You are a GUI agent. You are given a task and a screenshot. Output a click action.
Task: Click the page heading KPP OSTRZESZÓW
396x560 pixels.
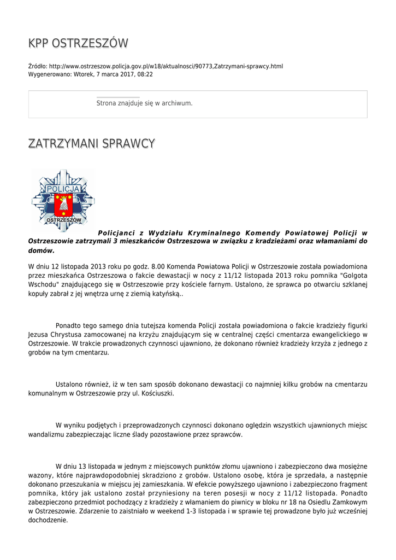coord(78,43)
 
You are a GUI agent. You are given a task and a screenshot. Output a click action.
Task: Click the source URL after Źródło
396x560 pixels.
coord(166,66)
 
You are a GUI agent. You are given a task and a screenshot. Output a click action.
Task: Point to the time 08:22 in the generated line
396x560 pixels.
coord(145,74)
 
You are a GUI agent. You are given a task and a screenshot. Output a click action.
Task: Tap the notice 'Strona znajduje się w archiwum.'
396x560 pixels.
coord(144,103)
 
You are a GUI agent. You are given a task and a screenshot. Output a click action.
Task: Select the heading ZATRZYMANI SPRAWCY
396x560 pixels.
coord(92,144)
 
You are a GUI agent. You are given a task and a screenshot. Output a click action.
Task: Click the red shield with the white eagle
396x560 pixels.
coord(64,204)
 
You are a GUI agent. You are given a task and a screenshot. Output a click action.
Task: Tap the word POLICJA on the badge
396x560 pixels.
coord(63,189)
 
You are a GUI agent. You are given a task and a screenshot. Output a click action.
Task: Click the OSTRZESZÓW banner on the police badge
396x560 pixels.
coord(64,220)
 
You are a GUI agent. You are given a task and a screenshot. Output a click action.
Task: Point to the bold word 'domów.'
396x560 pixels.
coord(42,250)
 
